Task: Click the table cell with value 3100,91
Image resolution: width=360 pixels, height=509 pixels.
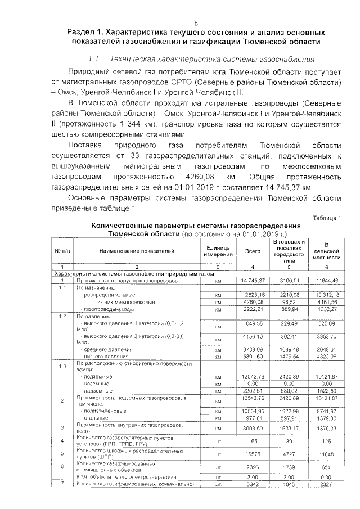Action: (x=289, y=280)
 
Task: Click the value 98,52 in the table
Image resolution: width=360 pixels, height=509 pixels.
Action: (x=289, y=301)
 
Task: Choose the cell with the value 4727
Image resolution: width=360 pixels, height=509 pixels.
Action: (x=289, y=454)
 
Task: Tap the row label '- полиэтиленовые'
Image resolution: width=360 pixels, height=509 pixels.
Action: (x=103, y=411)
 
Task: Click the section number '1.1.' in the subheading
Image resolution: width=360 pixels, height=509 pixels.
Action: (x=94, y=59)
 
